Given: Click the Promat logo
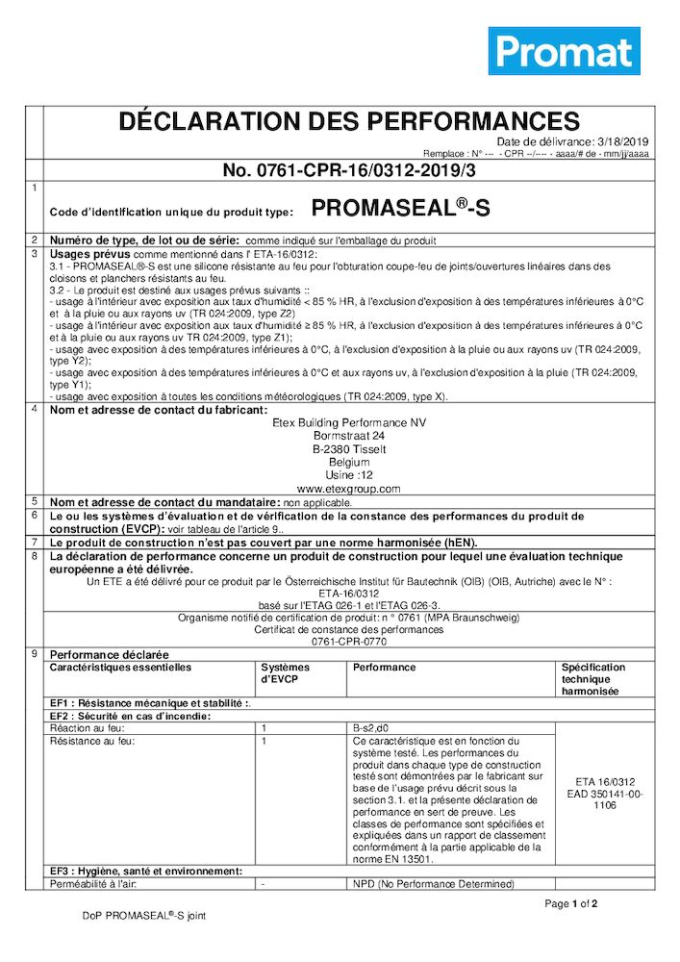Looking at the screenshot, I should click(x=565, y=51).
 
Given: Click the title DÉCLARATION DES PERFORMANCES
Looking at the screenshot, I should click(x=348, y=122).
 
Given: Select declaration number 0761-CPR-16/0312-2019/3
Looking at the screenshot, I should click(x=348, y=170).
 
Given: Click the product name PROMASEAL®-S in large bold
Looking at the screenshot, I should click(x=400, y=209).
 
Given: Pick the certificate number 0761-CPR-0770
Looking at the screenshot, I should click(x=348, y=641).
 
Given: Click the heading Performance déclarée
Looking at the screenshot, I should click(x=109, y=654).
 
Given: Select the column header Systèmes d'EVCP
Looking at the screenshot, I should click(x=285, y=673).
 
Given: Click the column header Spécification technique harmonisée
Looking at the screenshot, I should click(x=592, y=679).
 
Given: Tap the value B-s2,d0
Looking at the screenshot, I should click(x=370, y=729).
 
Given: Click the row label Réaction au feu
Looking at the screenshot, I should click(x=88, y=729).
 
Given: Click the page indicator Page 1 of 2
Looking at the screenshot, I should click(x=571, y=904).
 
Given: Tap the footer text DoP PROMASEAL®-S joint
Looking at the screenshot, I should click(x=143, y=916).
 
